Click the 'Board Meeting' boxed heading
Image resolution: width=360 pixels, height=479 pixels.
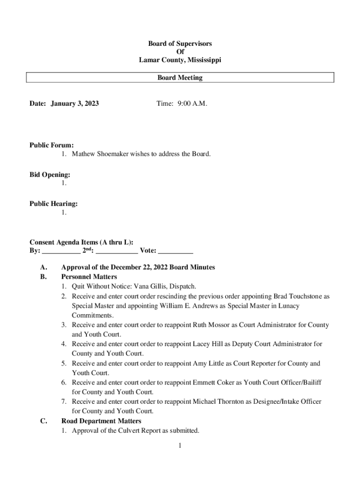point(180,78)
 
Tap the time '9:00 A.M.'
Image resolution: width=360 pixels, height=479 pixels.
point(192,103)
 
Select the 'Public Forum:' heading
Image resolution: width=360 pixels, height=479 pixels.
point(51,145)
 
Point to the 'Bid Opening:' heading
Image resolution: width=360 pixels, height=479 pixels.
point(50,174)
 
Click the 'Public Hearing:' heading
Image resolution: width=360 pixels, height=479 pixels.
point(54,203)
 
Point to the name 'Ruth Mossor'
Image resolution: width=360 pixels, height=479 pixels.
point(211,325)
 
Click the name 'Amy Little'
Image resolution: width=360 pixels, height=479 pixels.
point(208,363)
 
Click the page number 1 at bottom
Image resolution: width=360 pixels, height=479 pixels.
point(179,445)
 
